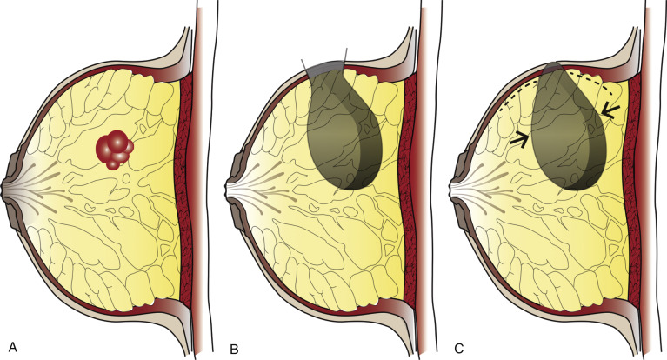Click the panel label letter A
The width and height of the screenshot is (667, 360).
tap(13, 347)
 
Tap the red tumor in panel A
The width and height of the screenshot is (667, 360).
tap(115, 150)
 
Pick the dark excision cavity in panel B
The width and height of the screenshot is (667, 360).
tap(344, 128)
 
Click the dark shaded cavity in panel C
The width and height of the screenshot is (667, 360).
tap(568, 128)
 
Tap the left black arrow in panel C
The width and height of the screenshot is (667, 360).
tap(518, 139)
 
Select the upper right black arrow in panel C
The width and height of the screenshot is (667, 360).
tap(609, 110)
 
